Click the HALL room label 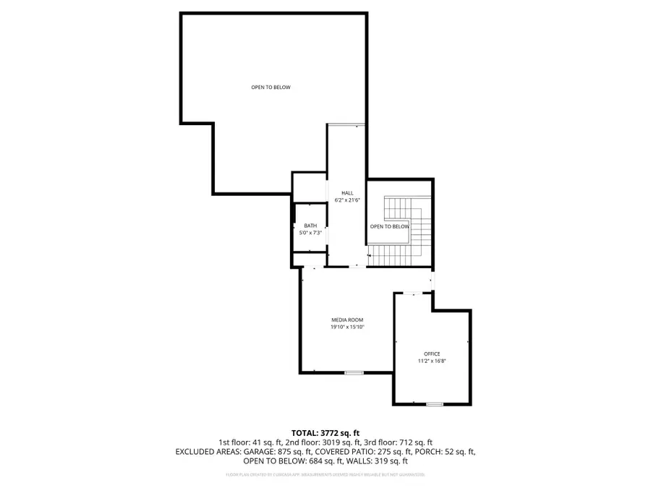click(347, 193)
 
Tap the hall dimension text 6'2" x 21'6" click(347, 200)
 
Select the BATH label click(310, 226)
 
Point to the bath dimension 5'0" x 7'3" click(310, 233)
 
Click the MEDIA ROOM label click(347, 320)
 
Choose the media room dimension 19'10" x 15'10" click(347, 328)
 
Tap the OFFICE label click(432, 354)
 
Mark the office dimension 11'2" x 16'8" click(432, 361)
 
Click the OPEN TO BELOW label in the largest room click(271, 87)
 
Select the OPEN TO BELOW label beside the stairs click(390, 226)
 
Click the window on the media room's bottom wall click(354, 372)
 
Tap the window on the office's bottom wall click(434, 403)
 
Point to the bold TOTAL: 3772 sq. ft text click(325, 432)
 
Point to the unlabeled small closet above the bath click(309, 187)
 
